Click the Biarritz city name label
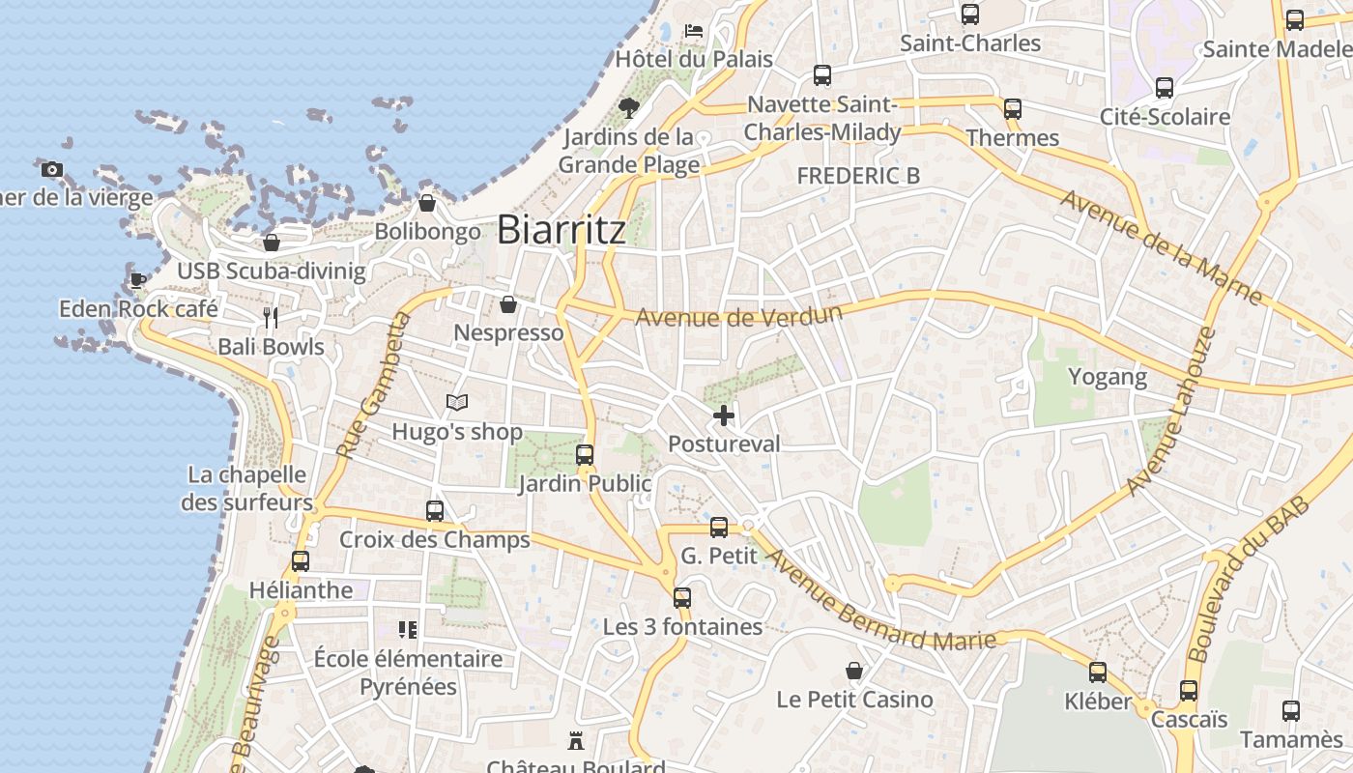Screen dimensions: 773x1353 click(561, 230)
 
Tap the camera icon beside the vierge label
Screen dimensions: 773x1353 click(52, 170)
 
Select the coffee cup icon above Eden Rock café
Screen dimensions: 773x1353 click(138, 280)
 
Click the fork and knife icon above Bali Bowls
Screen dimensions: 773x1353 click(271, 317)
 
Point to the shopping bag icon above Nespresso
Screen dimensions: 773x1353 click(508, 305)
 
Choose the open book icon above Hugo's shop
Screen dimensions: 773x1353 click(457, 402)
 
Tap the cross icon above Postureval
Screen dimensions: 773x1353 click(724, 415)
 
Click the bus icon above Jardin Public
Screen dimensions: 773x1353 click(585, 454)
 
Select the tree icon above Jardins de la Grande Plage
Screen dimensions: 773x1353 click(629, 107)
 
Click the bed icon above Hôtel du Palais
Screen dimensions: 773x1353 click(694, 30)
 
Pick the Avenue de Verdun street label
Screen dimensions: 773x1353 click(738, 315)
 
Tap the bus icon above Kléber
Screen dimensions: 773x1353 click(1098, 672)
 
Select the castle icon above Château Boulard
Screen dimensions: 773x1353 click(577, 741)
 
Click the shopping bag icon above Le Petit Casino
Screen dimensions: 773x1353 click(854, 671)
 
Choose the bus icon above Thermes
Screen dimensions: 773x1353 click(1013, 109)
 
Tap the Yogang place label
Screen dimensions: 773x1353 click(1108, 377)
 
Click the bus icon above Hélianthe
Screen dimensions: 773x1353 click(301, 560)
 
